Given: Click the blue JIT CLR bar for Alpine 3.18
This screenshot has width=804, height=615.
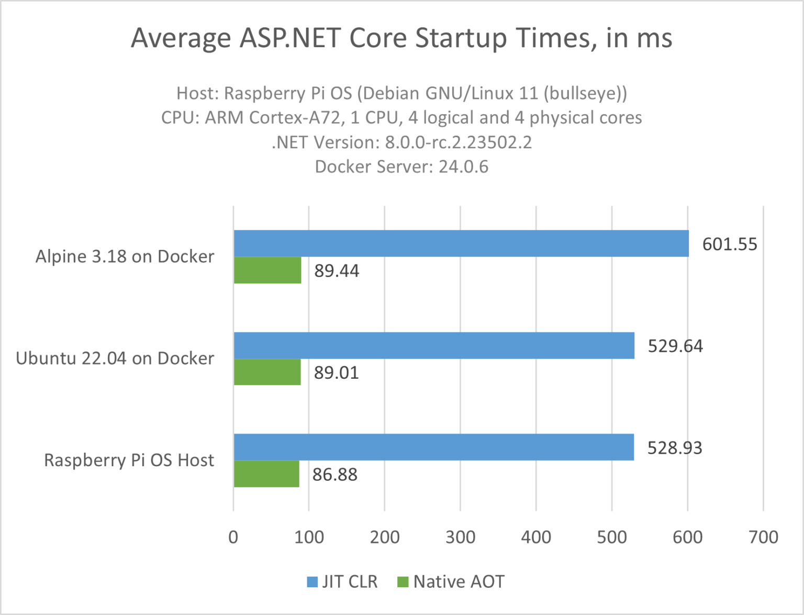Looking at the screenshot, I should click(461, 243).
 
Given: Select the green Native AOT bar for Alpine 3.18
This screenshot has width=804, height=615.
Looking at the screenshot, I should click(267, 270).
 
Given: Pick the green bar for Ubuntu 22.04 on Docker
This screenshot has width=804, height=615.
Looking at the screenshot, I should click(267, 372).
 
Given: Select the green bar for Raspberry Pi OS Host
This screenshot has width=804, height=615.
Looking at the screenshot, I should click(266, 474).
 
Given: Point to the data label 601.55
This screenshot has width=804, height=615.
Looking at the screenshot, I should click(729, 244).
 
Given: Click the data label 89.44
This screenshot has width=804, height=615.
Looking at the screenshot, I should click(337, 271).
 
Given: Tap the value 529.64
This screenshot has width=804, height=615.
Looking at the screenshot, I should click(675, 346).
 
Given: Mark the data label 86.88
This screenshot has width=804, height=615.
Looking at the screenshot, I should click(335, 475).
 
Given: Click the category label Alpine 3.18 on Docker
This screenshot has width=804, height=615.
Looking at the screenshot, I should click(125, 256).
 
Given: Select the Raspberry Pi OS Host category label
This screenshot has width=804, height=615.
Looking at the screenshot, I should click(129, 460).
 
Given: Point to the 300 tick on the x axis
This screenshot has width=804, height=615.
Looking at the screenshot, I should click(460, 537).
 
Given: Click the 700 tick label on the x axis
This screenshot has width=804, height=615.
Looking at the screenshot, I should click(763, 537).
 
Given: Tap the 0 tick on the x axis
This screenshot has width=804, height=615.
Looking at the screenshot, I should click(233, 537).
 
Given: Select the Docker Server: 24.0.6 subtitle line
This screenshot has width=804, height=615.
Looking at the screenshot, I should click(401, 167).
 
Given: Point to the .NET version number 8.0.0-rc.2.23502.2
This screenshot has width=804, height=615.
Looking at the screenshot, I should click(458, 142).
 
